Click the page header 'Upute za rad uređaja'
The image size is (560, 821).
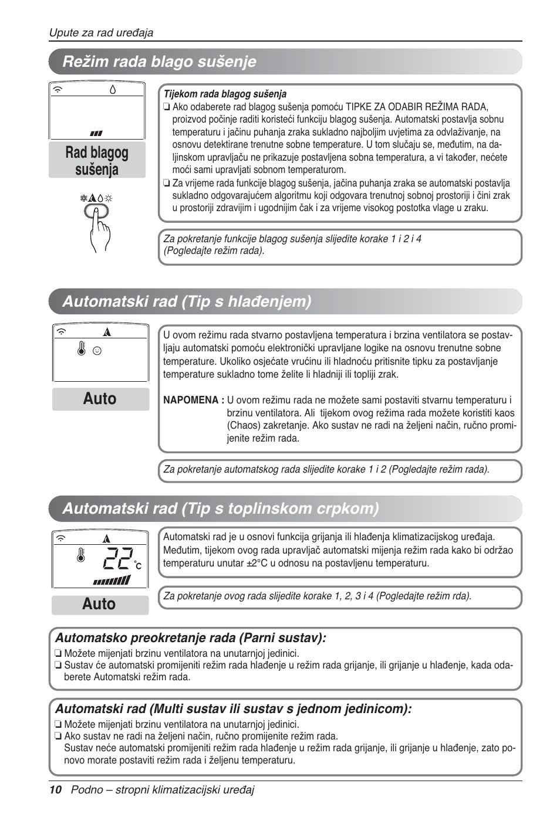(x=101, y=33)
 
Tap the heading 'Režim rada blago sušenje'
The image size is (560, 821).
(x=159, y=62)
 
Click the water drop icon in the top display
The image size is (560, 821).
(x=113, y=90)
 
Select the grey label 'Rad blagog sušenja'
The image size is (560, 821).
(x=97, y=161)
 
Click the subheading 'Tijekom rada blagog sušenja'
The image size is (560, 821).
(x=225, y=94)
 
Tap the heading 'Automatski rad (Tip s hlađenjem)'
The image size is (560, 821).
(x=187, y=301)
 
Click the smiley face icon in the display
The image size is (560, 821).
(x=97, y=351)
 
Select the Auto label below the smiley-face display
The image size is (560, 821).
(x=100, y=399)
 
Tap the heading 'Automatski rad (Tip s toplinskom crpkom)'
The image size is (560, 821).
(x=221, y=508)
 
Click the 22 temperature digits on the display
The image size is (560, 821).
(x=118, y=559)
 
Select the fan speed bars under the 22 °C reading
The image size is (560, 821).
(x=112, y=581)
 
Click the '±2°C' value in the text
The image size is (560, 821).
(x=256, y=563)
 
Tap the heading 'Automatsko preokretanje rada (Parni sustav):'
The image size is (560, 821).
(x=190, y=638)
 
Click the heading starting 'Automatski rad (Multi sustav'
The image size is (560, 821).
(x=233, y=709)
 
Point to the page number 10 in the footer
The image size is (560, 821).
(x=55, y=790)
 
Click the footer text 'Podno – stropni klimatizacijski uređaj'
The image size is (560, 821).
(x=163, y=790)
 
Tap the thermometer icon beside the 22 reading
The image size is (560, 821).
(x=81, y=555)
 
